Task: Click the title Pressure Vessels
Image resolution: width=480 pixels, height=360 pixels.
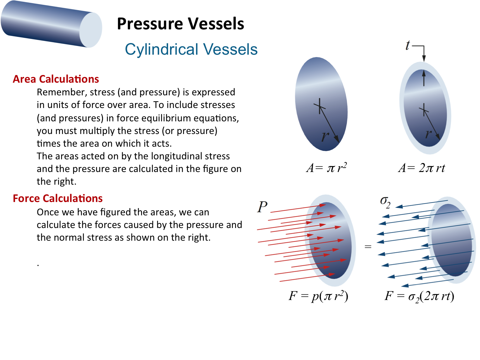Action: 180,24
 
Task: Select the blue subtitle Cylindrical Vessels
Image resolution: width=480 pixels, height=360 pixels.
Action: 191,50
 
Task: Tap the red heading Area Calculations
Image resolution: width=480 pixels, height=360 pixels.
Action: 56,79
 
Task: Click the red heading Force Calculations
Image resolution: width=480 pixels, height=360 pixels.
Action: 58,198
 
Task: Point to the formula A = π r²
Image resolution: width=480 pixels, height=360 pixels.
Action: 326,168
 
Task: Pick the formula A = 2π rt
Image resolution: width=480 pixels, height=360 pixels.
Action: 421,168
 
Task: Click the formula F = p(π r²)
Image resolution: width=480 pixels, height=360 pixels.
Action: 318,296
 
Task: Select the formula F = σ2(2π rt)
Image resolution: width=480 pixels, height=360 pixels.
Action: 419,297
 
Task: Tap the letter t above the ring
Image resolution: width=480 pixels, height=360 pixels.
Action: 408,45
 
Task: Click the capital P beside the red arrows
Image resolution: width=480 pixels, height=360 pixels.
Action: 262,207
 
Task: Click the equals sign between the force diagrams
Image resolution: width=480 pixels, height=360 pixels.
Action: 368,247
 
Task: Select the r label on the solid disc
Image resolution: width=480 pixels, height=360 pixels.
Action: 325,136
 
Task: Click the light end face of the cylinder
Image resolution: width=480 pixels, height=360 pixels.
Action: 91,30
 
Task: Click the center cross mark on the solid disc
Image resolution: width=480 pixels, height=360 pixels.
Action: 319,106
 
